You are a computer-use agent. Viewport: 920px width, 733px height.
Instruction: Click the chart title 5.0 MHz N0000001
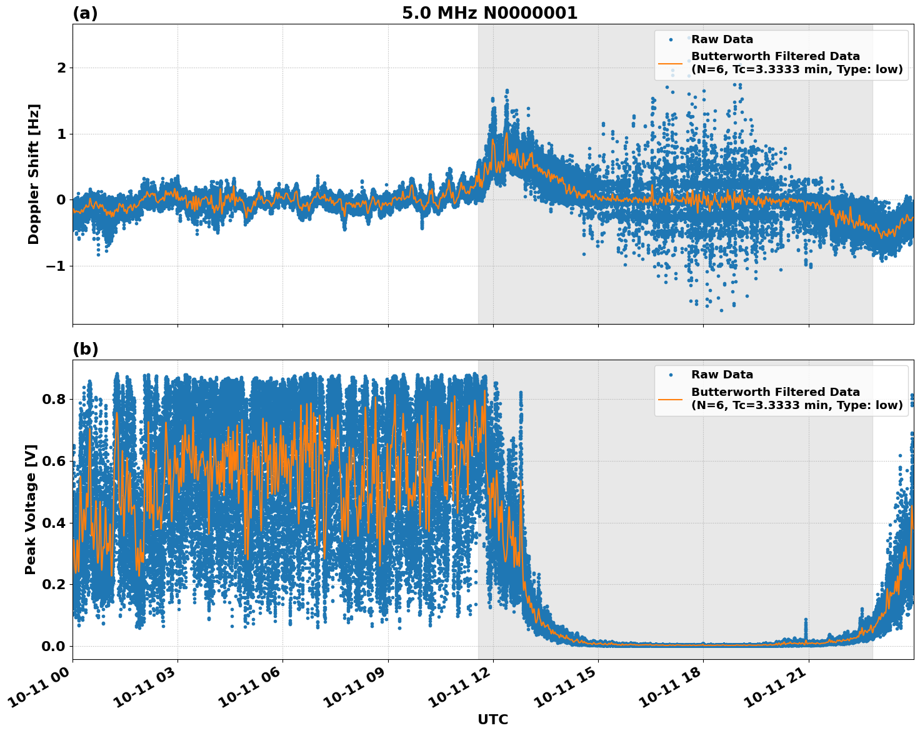click(x=489, y=13)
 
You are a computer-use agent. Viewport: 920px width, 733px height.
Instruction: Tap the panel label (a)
click(x=85, y=13)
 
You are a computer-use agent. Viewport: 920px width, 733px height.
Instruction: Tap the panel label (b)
click(x=85, y=349)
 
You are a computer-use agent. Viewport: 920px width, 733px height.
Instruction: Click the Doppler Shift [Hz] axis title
click(x=34, y=174)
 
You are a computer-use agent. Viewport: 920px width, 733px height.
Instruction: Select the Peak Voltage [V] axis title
click(x=31, y=509)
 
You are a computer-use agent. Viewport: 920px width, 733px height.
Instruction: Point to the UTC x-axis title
click(x=492, y=719)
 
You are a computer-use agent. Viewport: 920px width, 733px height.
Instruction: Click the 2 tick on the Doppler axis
click(x=61, y=68)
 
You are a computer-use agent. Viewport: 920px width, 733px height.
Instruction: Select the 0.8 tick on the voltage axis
click(x=53, y=399)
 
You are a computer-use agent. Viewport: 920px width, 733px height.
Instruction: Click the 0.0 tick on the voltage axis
click(x=53, y=646)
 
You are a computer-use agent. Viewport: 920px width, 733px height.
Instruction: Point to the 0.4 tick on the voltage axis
click(x=53, y=523)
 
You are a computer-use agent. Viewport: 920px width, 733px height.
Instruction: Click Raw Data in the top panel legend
click(x=722, y=39)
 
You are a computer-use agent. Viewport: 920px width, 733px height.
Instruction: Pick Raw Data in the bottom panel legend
click(x=722, y=375)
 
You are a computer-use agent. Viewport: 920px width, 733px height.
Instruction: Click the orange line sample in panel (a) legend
click(x=671, y=63)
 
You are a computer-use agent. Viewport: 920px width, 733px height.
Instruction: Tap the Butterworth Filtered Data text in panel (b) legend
click(x=775, y=392)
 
